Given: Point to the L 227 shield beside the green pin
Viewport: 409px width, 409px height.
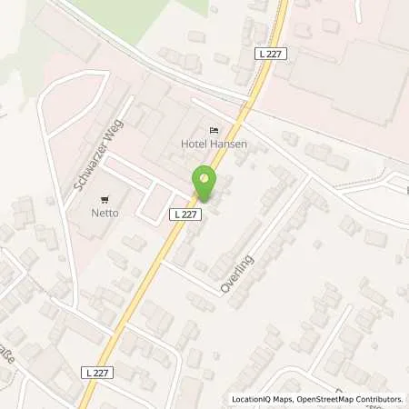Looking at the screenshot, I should tap(185, 213).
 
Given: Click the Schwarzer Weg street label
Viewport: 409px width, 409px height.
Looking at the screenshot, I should tap(93, 162).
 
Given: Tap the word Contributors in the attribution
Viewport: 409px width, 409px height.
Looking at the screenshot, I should tap(379, 399).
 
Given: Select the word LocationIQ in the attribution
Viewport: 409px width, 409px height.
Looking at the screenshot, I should tap(251, 399).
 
